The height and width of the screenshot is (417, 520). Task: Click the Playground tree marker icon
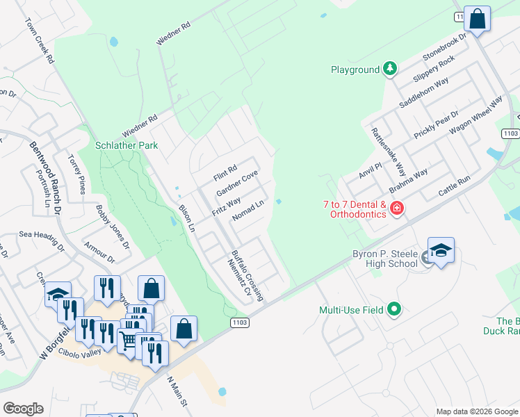click(x=391, y=69)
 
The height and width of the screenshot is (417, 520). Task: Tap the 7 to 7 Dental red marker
click(x=396, y=208)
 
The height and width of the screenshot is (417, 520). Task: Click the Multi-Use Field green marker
click(x=394, y=309)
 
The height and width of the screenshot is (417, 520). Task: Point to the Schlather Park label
click(x=127, y=146)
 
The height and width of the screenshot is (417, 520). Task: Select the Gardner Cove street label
click(x=237, y=183)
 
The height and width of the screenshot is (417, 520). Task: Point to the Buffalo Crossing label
click(x=247, y=276)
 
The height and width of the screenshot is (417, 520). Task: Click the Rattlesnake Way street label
click(x=388, y=149)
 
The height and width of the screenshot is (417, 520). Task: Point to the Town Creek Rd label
click(x=40, y=41)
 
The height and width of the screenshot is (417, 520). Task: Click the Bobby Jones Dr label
click(x=113, y=227)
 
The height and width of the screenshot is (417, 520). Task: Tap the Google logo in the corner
click(x=23, y=409)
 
